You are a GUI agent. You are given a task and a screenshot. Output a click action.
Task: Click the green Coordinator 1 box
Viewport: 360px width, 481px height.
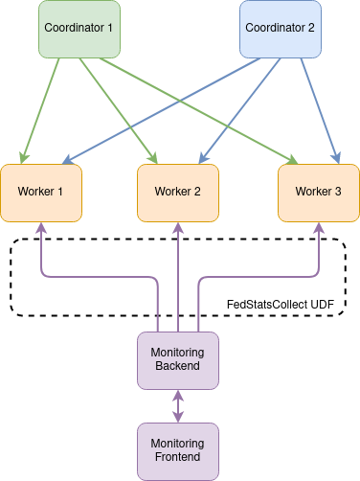point(79,28)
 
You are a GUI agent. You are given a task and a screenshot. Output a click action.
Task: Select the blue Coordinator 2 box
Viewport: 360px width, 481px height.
point(280,28)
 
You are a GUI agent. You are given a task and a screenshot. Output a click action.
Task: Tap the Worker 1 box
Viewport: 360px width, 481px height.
point(40,192)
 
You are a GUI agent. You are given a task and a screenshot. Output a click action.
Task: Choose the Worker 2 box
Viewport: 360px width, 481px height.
point(177,192)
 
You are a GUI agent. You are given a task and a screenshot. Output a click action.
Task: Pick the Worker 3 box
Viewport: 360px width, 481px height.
point(318,192)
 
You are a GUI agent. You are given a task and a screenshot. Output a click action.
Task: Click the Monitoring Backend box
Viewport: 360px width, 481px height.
point(177,360)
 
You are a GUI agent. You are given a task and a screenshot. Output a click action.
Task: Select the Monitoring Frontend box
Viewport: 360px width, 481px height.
point(177,450)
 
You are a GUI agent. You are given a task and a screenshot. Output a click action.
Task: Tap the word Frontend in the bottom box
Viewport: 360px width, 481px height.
point(177,458)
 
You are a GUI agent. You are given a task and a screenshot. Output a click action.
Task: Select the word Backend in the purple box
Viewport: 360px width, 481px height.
point(177,367)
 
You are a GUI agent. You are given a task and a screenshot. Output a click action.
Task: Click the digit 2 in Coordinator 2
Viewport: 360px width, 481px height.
point(310,28)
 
